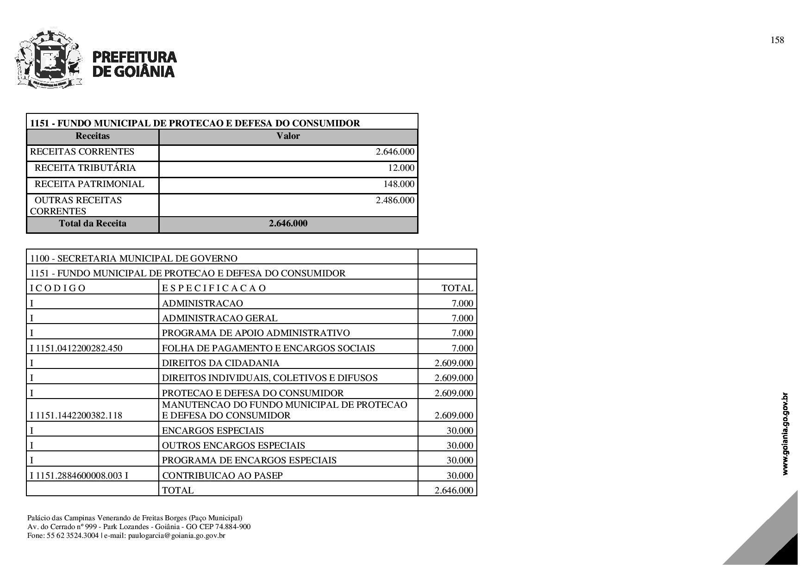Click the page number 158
[x=777, y=40]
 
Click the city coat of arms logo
[x=49, y=59]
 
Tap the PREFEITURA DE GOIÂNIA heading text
[x=134, y=64]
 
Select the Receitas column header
[x=93, y=136]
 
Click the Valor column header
[x=288, y=136]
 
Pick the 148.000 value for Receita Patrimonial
[x=399, y=184]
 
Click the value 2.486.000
[x=395, y=200]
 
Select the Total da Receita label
[x=93, y=224]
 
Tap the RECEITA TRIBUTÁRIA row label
[x=85, y=168]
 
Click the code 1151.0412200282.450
[x=79, y=348]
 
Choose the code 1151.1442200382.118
[x=79, y=415]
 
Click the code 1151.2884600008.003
[x=79, y=475]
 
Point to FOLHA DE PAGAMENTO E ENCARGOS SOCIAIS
[x=269, y=348]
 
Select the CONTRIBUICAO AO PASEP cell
[x=222, y=475]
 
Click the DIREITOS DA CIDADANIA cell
[x=221, y=363]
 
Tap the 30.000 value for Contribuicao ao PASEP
[x=460, y=475]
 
